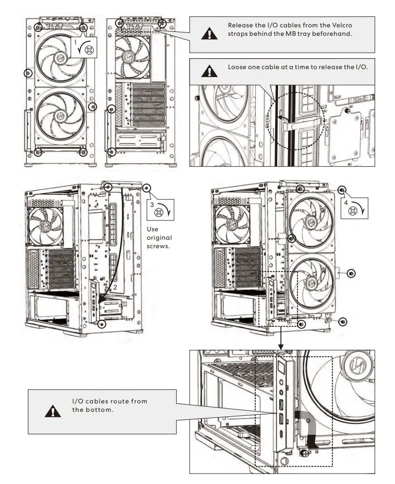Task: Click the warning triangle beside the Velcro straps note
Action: [209, 33]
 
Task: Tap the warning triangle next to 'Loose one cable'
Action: [209, 71]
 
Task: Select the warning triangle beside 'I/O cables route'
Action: [53, 411]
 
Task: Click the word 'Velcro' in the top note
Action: [342, 25]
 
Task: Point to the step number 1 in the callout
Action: [76, 42]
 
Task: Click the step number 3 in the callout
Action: [152, 204]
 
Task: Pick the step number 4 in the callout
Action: [346, 203]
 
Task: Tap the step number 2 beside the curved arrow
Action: [115, 287]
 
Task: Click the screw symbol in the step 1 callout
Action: [89, 50]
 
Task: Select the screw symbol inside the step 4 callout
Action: [353, 211]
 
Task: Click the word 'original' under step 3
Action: [159, 238]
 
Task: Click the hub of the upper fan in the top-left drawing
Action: [60, 57]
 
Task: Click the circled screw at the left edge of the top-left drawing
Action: [28, 73]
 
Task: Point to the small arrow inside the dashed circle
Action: [283, 118]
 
